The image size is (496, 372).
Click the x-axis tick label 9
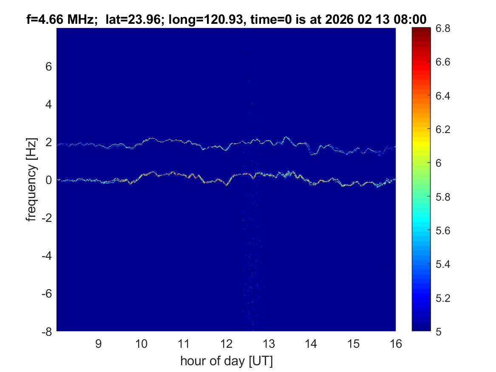(99, 344)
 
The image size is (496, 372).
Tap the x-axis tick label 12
(226, 344)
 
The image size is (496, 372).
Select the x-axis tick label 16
(396, 344)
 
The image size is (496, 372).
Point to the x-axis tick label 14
(311, 344)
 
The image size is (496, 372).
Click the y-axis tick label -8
(46, 332)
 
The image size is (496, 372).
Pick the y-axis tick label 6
(49, 66)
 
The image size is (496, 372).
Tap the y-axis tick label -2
(46, 218)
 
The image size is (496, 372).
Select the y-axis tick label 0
(49, 180)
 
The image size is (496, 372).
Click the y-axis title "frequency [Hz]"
(31, 180)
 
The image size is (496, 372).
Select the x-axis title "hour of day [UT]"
(226, 361)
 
